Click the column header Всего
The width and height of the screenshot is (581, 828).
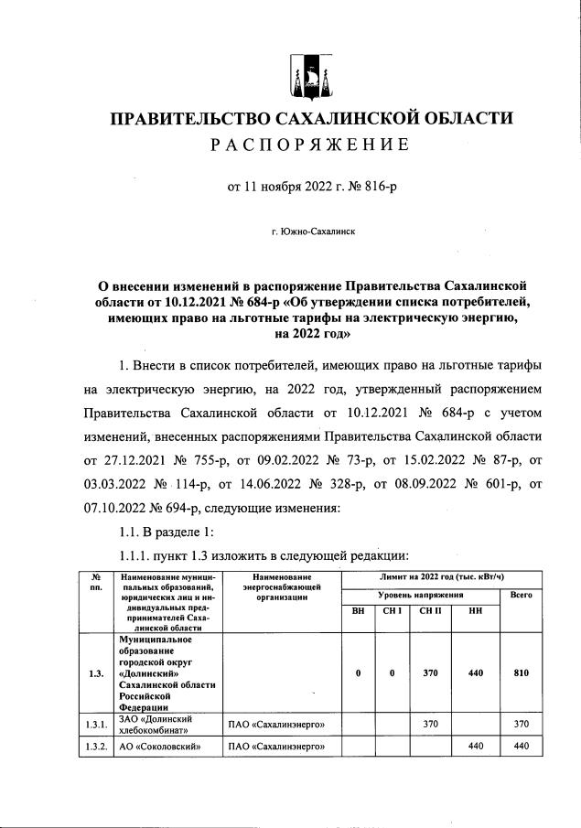(521, 595)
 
